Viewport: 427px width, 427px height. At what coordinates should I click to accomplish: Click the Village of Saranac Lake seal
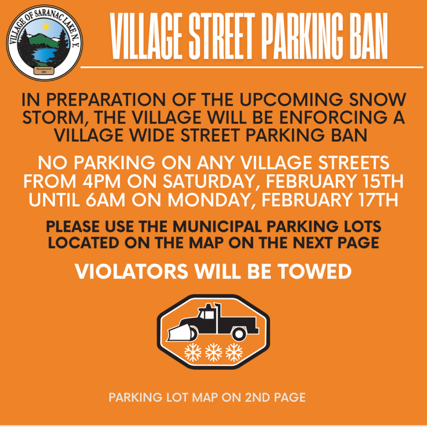(44, 43)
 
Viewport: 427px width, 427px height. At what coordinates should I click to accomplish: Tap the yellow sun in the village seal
(46, 26)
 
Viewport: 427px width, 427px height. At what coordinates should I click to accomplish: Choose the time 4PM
(101, 181)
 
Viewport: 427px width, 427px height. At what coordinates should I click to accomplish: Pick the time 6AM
(105, 200)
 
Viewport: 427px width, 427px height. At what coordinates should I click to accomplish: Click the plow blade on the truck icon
(180, 332)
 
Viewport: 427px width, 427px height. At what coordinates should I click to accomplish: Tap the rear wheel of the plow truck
(239, 334)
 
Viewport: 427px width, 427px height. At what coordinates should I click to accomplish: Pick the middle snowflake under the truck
(213, 352)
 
